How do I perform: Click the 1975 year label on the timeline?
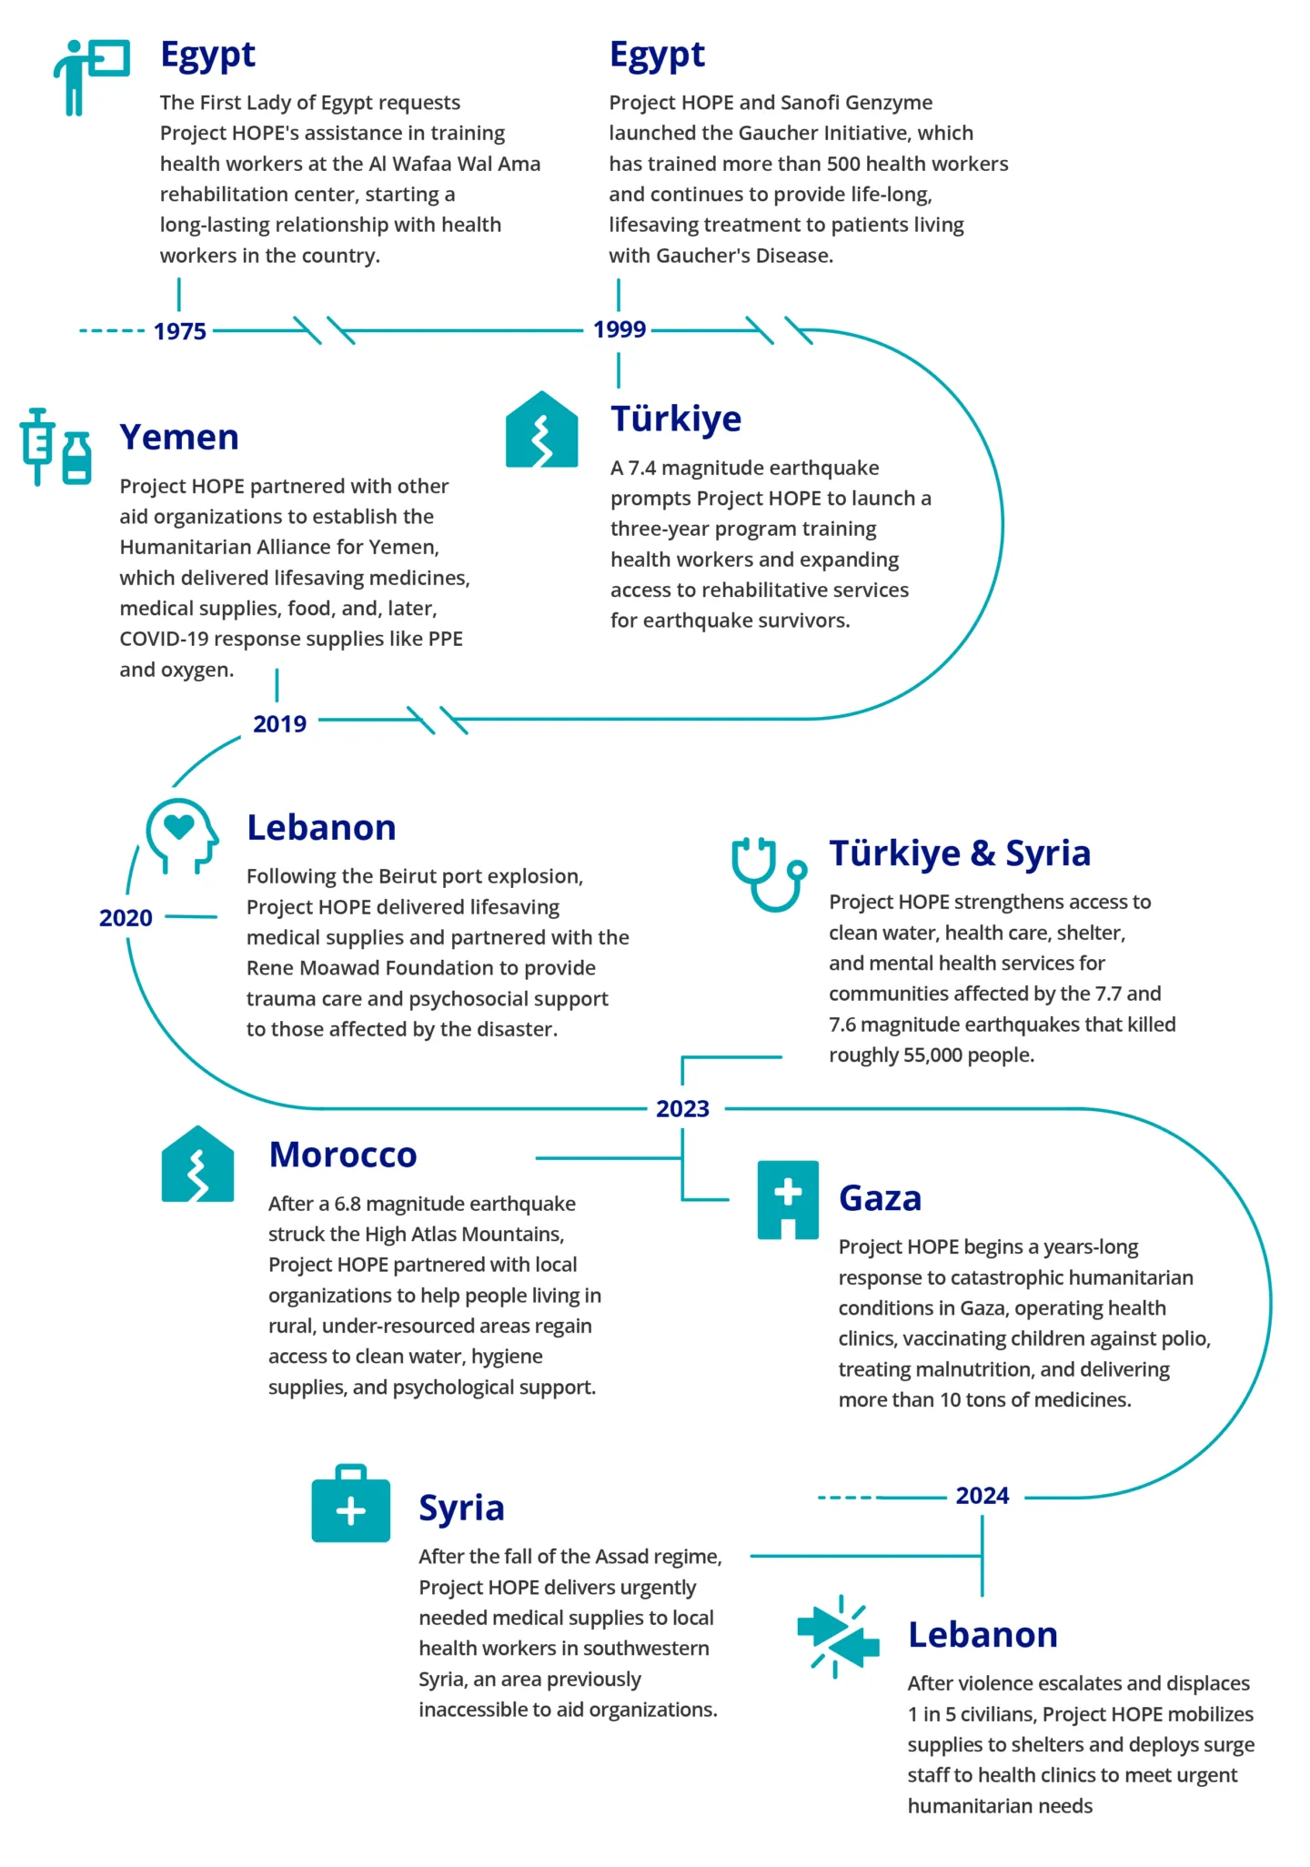pyautogui.click(x=180, y=331)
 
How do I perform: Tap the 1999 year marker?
pyautogui.click(x=620, y=329)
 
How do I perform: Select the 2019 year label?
pyautogui.click(x=279, y=724)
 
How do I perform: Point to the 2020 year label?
pyautogui.click(x=126, y=918)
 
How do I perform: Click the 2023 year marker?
pyautogui.click(x=682, y=1109)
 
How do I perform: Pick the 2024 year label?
pyautogui.click(x=982, y=1496)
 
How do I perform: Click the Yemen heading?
pyautogui.click(x=179, y=438)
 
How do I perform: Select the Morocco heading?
pyautogui.click(x=343, y=1155)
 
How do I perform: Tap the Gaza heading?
pyautogui.click(x=880, y=1198)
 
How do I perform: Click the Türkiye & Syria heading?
pyautogui.click(x=960, y=853)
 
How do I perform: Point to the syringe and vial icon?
pyautogui.click(x=56, y=447)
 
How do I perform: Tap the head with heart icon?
pyautogui.click(x=182, y=835)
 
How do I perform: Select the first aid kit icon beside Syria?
pyautogui.click(x=350, y=1503)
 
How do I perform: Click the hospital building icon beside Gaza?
pyautogui.click(x=788, y=1199)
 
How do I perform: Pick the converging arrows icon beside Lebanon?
pyautogui.click(x=838, y=1636)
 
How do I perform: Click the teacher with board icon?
pyautogui.click(x=91, y=76)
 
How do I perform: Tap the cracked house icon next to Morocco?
pyautogui.click(x=197, y=1165)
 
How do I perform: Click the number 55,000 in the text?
pyautogui.click(x=935, y=1055)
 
